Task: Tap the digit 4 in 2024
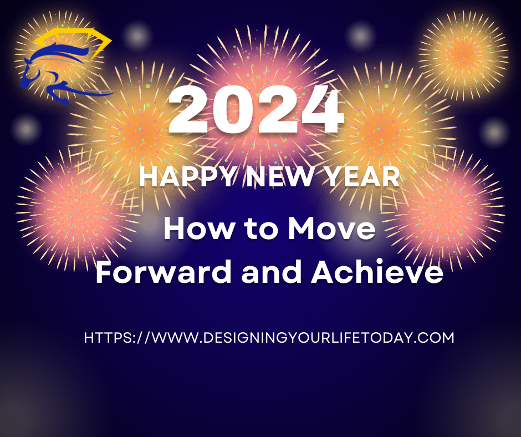[x=321, y=110]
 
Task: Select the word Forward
[x=163, y=271]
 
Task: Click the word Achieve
[x=377, y=271]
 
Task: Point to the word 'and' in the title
[x=271, y=271]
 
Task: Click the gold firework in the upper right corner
[x=463, y=55]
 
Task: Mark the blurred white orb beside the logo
[x=137, y=35]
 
